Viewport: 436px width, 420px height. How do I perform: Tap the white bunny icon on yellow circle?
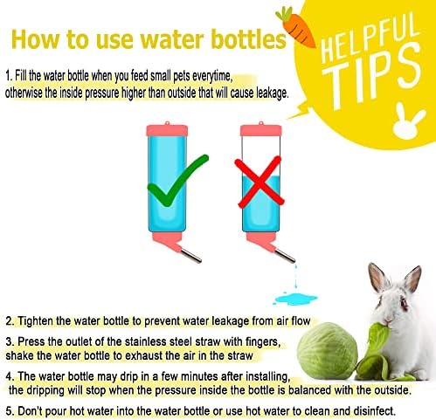coord(408,121)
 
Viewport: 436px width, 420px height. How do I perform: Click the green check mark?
coord(177,181)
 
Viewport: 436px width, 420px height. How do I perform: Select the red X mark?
coord(259,182)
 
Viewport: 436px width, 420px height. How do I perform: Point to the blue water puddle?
coord(294,299)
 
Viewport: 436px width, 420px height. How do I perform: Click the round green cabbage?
coord(328,351)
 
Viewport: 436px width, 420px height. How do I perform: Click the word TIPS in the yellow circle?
coord(376,76)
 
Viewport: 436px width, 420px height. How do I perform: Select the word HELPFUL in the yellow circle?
coord(369,38)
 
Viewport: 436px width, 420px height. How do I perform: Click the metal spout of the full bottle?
coord(190,255)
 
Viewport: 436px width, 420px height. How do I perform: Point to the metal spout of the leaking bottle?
coord(285,256)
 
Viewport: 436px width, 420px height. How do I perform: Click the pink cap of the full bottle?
coord(167,130)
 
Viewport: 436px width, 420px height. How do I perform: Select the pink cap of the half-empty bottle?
coord(260,130)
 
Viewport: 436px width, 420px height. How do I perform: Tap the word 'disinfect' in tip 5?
coord(374,411)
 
